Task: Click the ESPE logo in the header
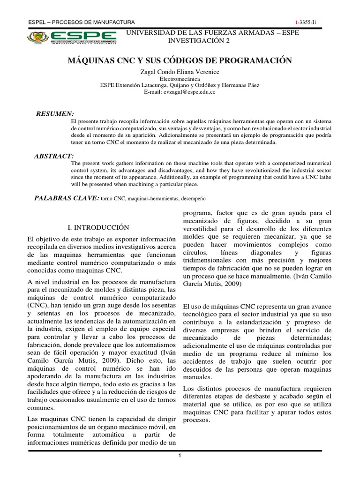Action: [x=72, y=37]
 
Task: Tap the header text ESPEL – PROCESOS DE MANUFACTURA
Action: [x=82, y=22]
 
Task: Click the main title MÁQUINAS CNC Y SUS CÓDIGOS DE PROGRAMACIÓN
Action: [x=180, y=60]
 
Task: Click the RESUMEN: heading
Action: [x=55, y=114]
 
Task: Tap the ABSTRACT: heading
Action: [x=54, y=156]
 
